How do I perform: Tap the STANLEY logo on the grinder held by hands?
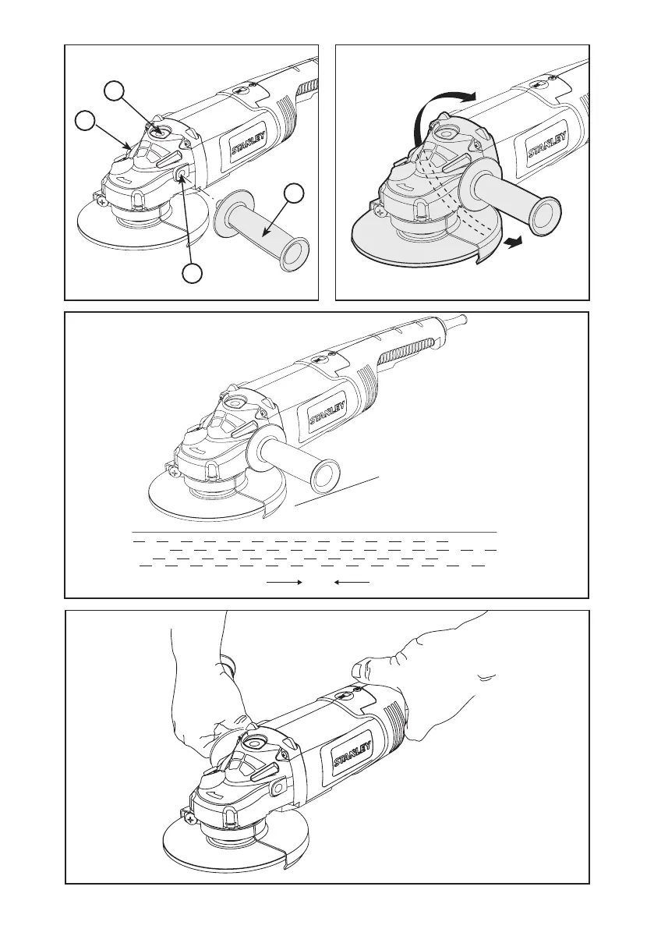[353, 753]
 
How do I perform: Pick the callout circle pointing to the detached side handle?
[294, 193]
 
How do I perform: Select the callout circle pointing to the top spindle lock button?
[115, 91]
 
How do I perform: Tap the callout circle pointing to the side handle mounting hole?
[192, 273]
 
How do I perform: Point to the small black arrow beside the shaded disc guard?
[514, 241]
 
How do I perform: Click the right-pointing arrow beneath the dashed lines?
[285, 583]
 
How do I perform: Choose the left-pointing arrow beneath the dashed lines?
[352, 583]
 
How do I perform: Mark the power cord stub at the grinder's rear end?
[456, 321]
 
